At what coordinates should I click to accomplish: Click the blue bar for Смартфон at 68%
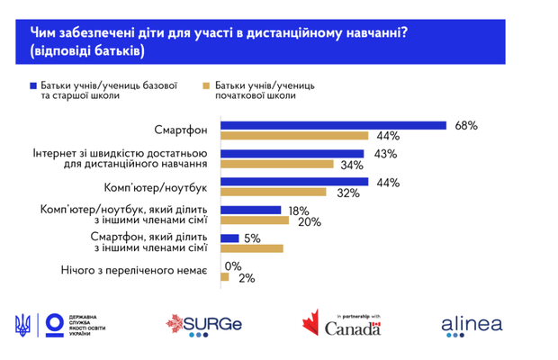333,125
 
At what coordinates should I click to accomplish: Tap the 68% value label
465,125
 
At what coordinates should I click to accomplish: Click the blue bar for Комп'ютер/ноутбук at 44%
293,182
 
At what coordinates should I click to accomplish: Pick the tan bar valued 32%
273,193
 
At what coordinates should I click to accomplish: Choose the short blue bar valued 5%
229,238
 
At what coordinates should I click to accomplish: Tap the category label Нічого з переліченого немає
134,271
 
